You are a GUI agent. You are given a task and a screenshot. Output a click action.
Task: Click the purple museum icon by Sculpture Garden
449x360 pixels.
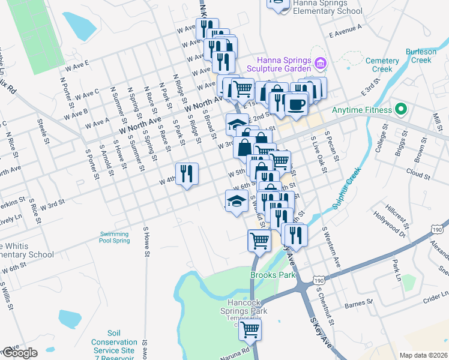[321, 62]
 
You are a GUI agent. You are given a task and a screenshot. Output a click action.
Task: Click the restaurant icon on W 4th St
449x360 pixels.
[187, 174]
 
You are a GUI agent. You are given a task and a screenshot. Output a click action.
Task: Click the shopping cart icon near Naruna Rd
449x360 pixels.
[250, 329]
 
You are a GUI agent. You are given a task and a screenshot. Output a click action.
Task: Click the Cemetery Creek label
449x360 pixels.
[382, 65]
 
